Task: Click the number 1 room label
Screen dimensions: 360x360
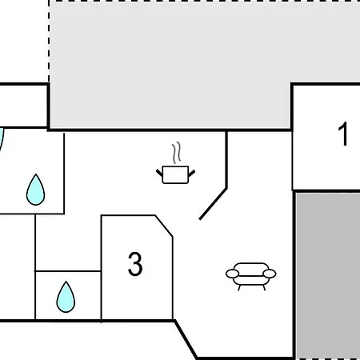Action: (x=343, y=134)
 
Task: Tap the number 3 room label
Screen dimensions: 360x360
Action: (x=135, y=264)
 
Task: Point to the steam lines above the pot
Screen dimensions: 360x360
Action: (x=177, y=153)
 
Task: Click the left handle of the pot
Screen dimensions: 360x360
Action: (x=159, y=173)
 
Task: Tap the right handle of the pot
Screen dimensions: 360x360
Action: (x=192, y=173)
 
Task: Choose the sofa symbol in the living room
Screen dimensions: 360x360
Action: (x=251, y=276)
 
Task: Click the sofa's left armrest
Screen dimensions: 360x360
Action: (x=233, y=274)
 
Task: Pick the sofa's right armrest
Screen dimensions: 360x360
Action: (x=270, y=274)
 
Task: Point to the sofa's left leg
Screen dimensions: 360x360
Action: (x=239, y=288)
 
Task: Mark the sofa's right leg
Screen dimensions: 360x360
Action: (x=264, y=288)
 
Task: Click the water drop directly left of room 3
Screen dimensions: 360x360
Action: (x=66, y=297)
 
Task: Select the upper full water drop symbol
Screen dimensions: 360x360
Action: (x=36, y=190)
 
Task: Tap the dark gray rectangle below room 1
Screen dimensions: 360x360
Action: (x=328, y=276)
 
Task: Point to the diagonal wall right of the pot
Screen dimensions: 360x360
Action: (x=213, y=204)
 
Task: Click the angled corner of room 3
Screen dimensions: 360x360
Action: (x=164, y=226)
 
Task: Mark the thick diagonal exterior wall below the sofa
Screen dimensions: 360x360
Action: (x=186, y=339)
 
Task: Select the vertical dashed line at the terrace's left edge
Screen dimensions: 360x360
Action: (x=49, y=42)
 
